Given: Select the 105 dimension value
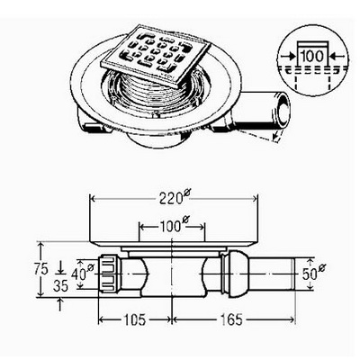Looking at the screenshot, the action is [134, 319].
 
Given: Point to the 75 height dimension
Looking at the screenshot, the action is [41, 269].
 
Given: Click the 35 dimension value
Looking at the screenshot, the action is [60, 286].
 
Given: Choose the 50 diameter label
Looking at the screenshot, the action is [313, 273].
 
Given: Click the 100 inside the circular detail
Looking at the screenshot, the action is [312, 56].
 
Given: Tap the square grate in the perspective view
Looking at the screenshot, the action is [156, 56].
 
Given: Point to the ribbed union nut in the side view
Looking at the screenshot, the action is [108, 273].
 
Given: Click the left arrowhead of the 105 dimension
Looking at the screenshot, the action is [103, 319].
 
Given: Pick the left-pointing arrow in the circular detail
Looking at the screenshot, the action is [335, 56].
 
